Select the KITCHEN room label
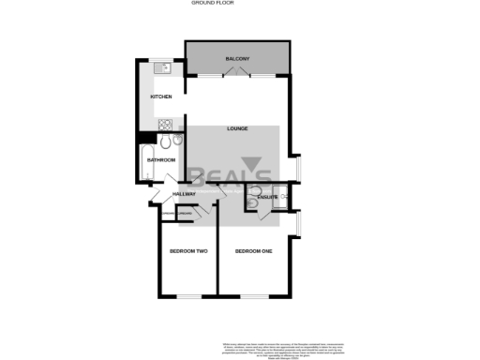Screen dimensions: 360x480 (161, 97)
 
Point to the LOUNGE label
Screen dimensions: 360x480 (236, 128)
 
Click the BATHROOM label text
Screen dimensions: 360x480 (161, 160)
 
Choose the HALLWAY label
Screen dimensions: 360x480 (183, 194)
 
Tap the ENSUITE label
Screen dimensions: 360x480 (266, 197)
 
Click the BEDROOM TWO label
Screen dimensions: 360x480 (187, 251)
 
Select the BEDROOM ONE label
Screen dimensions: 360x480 (253, 251)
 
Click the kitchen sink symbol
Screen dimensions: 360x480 (161, 67)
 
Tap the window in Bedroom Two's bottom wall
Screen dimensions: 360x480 (187, 296)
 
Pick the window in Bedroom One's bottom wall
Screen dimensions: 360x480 (253, 296)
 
